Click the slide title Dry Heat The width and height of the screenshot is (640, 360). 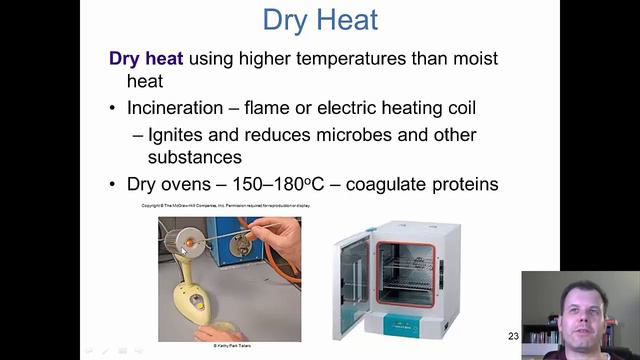point(319,19)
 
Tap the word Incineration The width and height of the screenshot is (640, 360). point(176,108)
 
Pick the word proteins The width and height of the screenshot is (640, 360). point(459,185)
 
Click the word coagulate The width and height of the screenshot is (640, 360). point(376,185)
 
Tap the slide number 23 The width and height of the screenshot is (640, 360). point(513,336)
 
